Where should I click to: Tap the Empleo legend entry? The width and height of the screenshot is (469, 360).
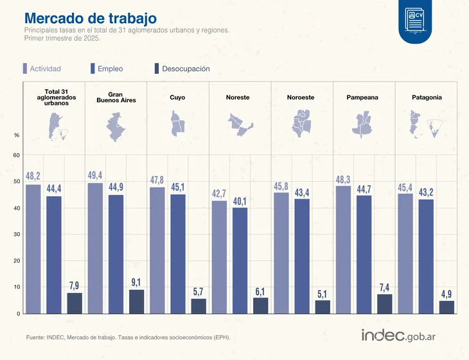106,69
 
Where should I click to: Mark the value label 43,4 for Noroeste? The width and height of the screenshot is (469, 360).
301,192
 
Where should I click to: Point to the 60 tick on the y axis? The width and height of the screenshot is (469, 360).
17,156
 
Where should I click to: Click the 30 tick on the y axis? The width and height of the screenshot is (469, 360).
17,235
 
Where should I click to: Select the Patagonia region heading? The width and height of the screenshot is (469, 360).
427,98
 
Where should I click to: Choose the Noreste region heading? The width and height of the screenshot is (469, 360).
238,98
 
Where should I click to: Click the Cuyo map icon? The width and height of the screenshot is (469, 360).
178,123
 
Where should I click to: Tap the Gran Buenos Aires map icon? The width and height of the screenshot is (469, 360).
115,126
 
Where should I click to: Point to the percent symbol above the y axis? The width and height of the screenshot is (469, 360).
17,135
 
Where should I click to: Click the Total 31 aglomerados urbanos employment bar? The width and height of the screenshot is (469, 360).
54,255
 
